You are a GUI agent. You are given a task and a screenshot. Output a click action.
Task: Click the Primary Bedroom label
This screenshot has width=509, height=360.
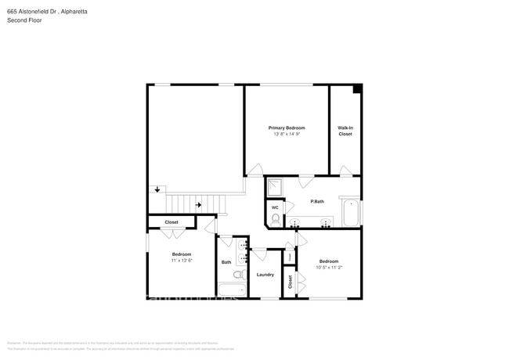pos(287,128)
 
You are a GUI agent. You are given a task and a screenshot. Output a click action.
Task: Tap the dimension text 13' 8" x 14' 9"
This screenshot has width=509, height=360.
pos(287,135)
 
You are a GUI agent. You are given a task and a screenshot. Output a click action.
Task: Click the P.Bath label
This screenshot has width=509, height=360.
pos(317,202)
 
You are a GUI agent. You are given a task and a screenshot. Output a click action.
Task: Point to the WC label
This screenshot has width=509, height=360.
pos(276,207)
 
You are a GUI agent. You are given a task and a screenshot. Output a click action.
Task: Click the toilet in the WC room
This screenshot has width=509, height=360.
pos(276,219)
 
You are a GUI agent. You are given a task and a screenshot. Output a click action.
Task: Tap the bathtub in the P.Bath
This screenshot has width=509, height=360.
pos(351,213)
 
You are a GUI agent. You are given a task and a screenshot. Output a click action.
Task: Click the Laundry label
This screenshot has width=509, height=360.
pos(265,275)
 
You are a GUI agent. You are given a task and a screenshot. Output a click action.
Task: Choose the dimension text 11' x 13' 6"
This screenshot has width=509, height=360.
pos(182,261)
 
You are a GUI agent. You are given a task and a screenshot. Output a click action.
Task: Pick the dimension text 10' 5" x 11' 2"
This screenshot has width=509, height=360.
pos(328,268)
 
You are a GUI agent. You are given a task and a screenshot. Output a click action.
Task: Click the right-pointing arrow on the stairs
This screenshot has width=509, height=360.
pos(199,205)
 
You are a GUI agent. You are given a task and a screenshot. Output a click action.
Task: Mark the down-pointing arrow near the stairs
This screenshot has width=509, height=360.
pos(157,189)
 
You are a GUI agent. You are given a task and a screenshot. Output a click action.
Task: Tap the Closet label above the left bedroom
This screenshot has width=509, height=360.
pos(171,222)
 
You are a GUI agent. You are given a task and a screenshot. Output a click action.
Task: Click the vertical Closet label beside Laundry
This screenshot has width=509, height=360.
pos(290,283)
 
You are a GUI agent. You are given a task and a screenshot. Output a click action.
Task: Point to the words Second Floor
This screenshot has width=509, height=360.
pos(24,20)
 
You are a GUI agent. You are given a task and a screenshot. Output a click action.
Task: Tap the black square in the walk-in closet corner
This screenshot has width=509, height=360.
pos(357,88)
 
